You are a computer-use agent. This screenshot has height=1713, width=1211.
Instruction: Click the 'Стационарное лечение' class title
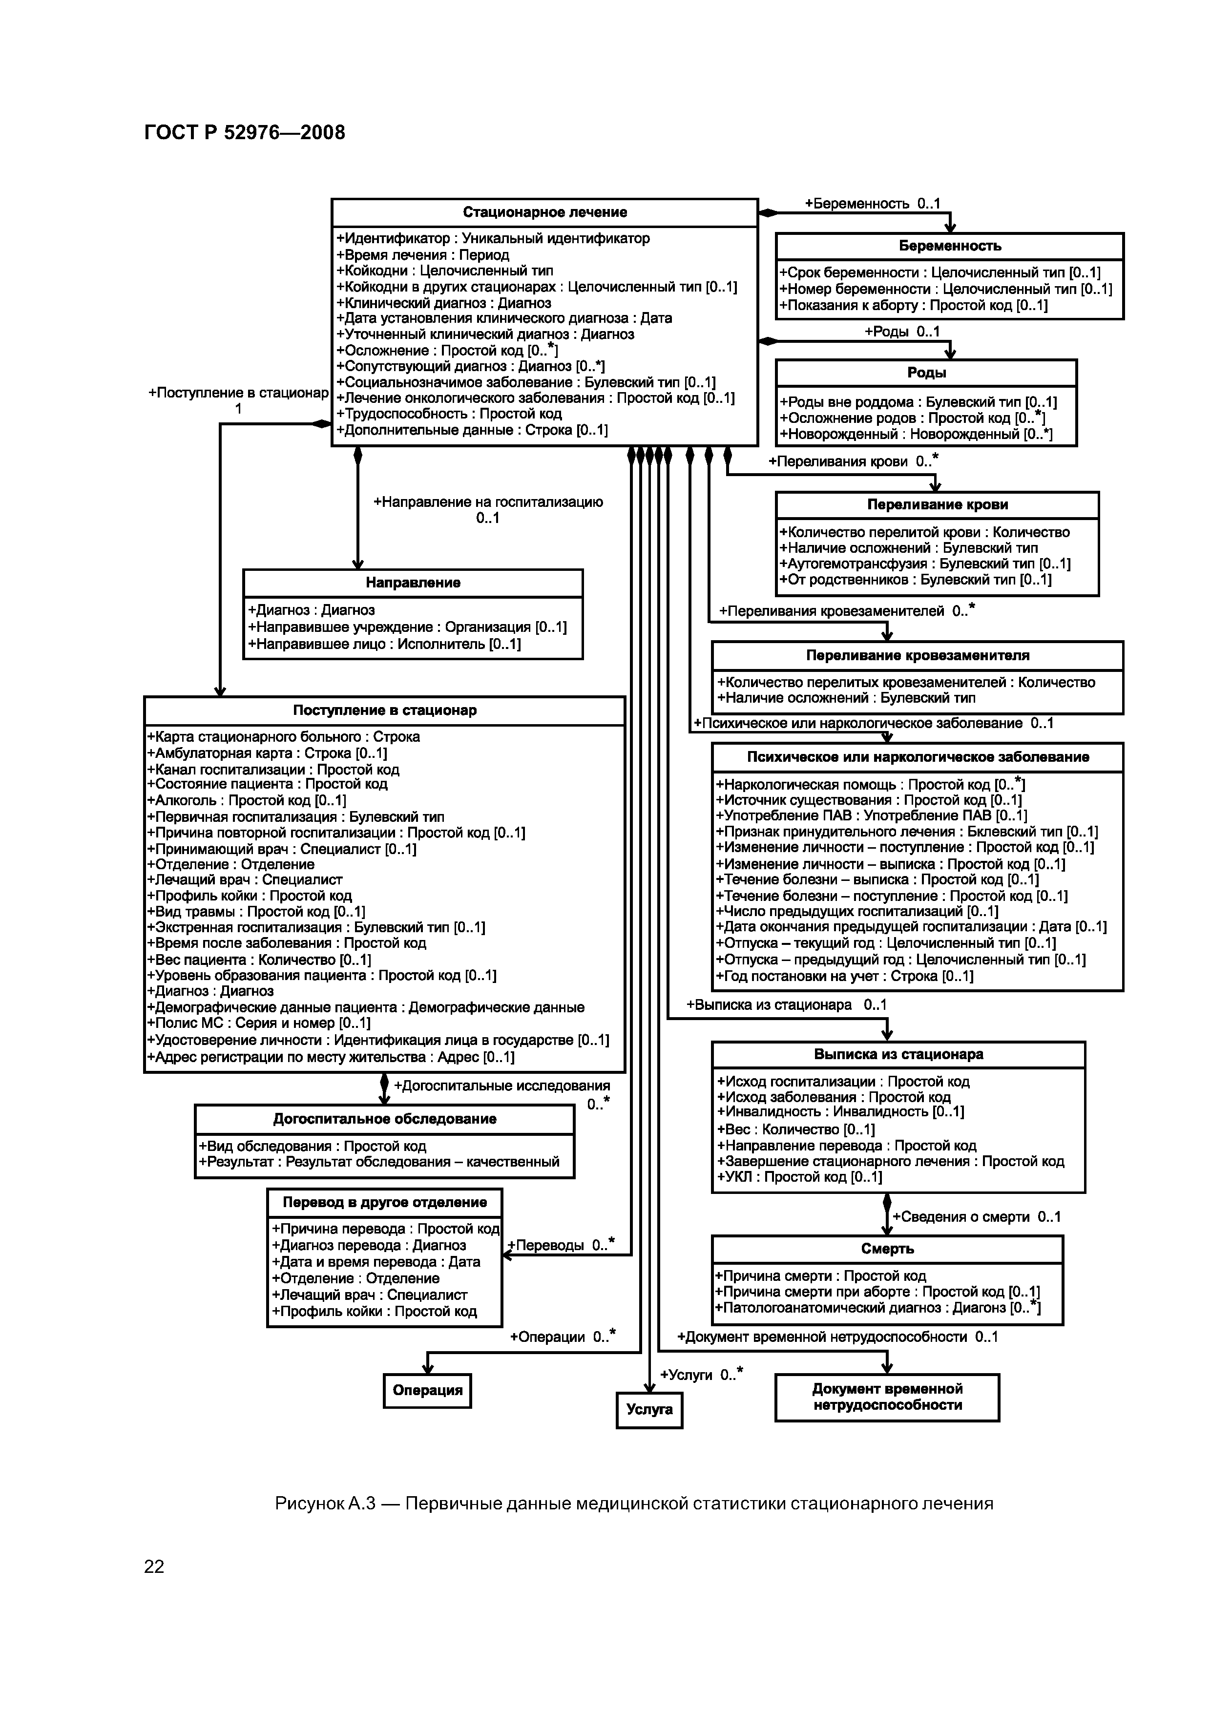pyautogui.click(x=544, y=212)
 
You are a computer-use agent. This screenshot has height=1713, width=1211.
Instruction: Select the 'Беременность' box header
pyautogui.click(x=949, y=246)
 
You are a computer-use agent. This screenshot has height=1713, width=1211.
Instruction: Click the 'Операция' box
pyautogui.click(x=428, y=1391)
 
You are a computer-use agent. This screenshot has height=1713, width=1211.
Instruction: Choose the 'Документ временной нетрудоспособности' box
pyautogui.click(x=887, y=1397)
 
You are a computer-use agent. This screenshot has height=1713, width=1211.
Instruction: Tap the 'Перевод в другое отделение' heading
pyautogui.click(x=384, y=1203)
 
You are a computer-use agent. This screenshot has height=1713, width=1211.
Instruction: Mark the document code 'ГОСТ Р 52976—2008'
pyautogui.click(x=245, y=133)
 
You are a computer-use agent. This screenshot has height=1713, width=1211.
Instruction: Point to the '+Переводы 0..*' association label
pyautogui.click(x=561, y=1245)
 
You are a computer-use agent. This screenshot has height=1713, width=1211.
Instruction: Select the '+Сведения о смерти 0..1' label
pyautogui.click(x=976, y=1217)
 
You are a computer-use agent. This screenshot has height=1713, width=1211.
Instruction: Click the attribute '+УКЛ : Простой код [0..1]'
pyautogui.click(x=799, y=1177)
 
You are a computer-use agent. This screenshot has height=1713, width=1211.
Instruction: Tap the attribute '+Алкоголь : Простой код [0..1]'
pyautogui.click(x=246, y=800)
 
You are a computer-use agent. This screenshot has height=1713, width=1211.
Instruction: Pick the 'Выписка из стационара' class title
pyautogui.click(x=898, y=1055)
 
